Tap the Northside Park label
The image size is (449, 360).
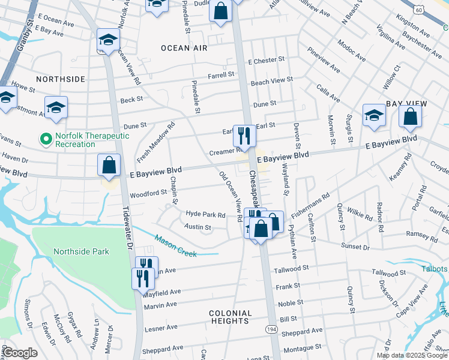click(81, 251)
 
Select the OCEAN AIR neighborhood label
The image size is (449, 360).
click(184, 47)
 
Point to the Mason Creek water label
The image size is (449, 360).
click(176, 246)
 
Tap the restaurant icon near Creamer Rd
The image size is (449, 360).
click(244, 136)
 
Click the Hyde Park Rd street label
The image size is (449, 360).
click(205, 214)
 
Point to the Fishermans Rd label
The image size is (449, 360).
click(311, 205)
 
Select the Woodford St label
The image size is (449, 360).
click(148, 193)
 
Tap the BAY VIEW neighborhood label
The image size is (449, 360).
click(406, 104)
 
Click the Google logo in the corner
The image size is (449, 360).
click(20, 353)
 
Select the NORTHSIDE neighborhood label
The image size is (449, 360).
click(60, 79)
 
